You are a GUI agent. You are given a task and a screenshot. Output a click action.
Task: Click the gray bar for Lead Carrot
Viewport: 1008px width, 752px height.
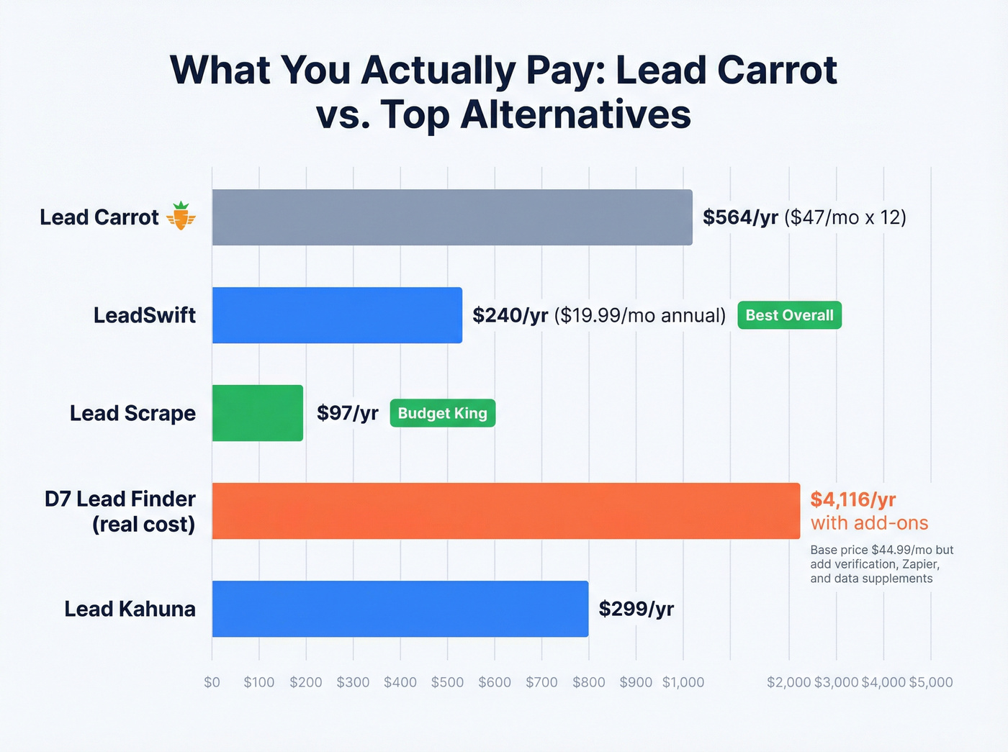452,217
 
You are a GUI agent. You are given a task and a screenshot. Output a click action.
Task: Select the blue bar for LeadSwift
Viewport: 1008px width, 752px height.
337,315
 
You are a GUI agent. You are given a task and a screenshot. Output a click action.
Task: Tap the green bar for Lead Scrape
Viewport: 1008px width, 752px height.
257,413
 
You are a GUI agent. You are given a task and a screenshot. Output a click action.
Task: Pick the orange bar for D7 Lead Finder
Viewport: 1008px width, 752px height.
505,511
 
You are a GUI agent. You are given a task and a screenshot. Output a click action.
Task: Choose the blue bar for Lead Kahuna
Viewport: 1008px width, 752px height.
400,609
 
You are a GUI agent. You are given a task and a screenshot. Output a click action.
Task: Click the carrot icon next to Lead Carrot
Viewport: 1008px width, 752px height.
181,216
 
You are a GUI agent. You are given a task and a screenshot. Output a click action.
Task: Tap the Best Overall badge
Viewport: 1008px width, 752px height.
789,315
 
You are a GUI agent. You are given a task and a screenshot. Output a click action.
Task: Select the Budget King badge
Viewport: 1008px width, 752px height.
442,413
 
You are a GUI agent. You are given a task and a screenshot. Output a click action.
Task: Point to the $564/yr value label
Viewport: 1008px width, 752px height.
740,217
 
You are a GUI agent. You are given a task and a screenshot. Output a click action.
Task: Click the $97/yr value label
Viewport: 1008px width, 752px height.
347,413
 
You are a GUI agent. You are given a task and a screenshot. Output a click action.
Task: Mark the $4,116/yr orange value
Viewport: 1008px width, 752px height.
853,499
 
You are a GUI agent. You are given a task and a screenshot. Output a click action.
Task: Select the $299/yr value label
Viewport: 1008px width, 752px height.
636,609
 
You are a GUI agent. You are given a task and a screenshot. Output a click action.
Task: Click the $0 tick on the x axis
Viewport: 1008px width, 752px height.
212,682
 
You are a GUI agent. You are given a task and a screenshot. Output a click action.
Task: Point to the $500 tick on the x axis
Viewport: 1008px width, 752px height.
447,682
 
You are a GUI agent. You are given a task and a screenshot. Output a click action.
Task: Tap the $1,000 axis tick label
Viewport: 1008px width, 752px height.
683,682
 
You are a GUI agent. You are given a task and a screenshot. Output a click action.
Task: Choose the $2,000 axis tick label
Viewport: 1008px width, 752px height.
789,682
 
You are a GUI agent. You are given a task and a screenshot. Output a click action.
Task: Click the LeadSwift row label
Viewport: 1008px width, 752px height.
145,315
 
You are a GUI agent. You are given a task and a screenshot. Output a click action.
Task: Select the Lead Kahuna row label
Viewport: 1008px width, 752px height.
130,609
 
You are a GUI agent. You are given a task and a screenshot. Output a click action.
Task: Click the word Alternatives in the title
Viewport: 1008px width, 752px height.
575,114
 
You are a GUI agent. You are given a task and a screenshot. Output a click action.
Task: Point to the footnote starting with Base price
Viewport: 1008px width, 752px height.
881,564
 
